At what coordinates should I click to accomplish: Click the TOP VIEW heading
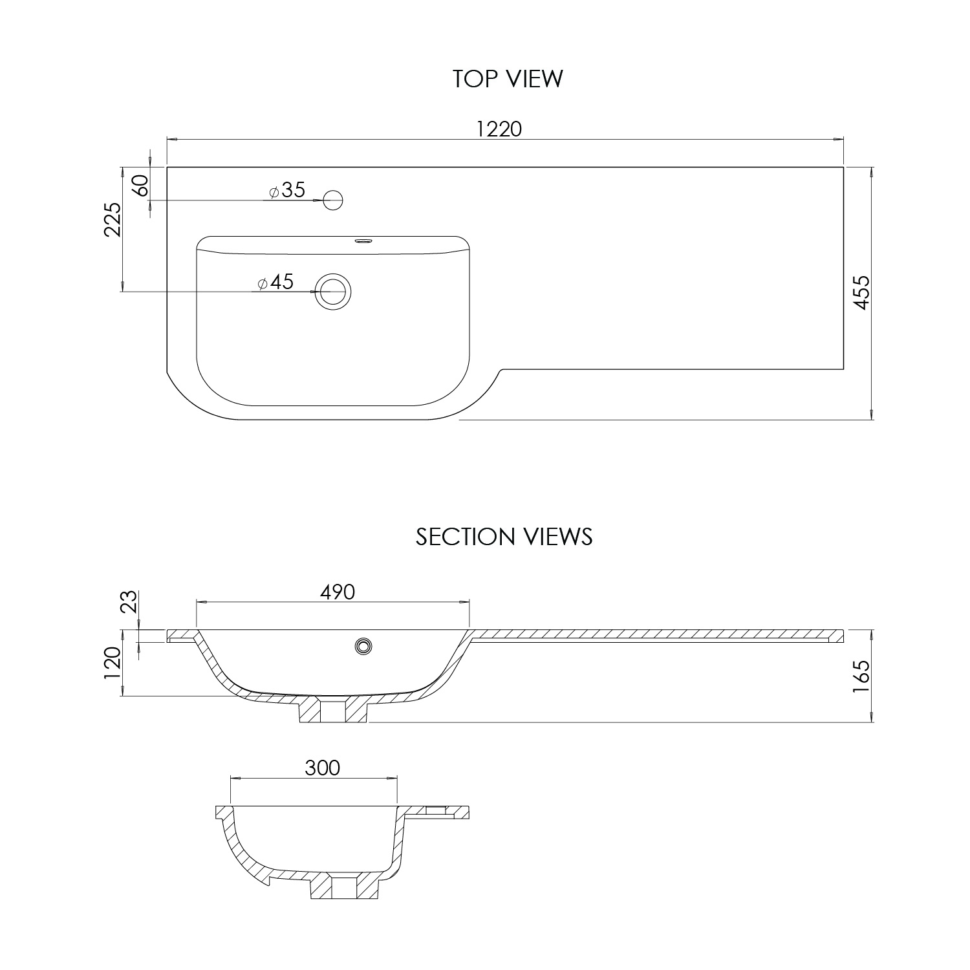508,79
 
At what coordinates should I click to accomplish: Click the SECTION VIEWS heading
504,537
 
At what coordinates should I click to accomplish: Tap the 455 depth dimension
863,293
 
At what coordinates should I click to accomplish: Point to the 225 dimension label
114,220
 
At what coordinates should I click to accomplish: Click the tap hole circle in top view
333,200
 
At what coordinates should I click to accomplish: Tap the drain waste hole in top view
333,292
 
